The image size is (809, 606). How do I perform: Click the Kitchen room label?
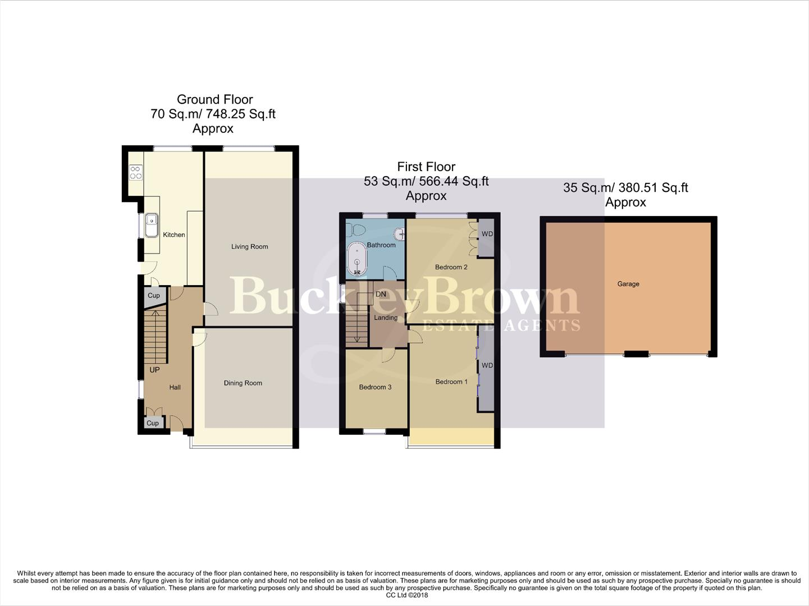tap(173, 235)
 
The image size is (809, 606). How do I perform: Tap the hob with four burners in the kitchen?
tap(136, 172)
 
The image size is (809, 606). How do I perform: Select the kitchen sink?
tap(150, 226)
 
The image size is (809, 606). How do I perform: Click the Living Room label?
tap(249, 246)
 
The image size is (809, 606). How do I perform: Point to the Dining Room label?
tap(243, 383)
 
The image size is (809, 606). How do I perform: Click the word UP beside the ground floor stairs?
tap(154, 370)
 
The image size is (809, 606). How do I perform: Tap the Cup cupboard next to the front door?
tap(153, 423)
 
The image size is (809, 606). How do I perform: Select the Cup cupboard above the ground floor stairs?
tap(154, 296)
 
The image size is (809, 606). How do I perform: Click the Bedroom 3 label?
tap(375, 387)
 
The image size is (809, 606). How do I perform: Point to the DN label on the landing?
tap(381, 294)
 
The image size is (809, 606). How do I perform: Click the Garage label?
tap(628, 284)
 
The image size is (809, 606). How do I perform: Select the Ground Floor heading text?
tap(214, 99)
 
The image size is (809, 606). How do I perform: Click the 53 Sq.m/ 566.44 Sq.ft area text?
tap(426, 181)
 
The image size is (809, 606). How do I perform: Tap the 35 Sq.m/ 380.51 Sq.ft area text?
tap(625, 188)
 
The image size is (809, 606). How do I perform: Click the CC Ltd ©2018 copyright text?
tap(404, 595)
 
